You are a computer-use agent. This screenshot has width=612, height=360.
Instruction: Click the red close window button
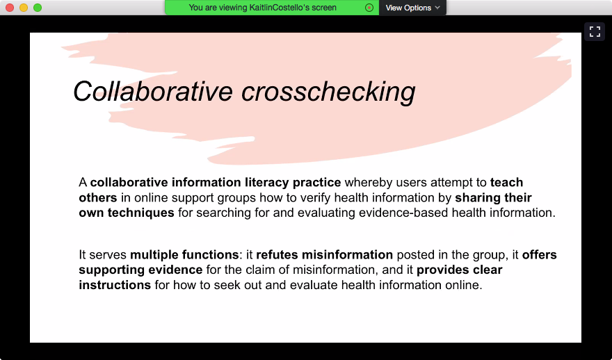tap(10, 8)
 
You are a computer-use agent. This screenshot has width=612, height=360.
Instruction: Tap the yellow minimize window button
tap(24, 8)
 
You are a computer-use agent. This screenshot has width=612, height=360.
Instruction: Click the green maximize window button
tap(38, 8)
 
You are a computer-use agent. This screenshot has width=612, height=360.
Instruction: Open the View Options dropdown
tap(412, 8)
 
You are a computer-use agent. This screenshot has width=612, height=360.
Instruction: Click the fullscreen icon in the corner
tap(595, 31)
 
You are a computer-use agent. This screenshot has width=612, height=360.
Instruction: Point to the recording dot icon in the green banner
tap(369, 8)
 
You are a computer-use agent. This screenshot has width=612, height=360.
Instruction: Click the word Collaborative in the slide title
tap(153, 91)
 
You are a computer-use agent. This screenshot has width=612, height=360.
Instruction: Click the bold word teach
tap(506, 182)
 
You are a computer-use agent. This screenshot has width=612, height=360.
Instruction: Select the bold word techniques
tap(141, 213)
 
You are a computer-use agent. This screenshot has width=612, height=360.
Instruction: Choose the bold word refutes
tap(277, 254)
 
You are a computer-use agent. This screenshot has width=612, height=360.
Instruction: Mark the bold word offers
tap(540, 254)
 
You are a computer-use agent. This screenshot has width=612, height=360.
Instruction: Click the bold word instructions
tap(115, 285)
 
